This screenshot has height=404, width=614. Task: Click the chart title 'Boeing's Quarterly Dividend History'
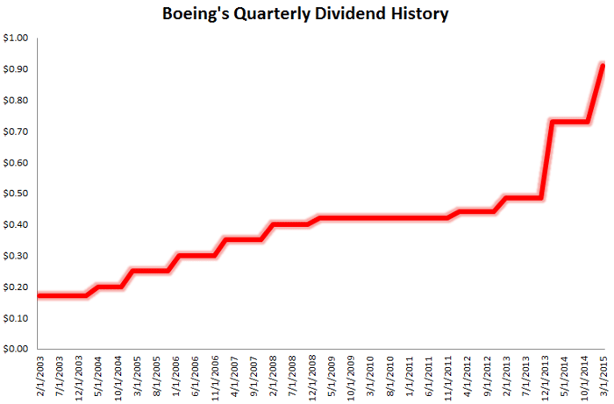(x=307, y=14)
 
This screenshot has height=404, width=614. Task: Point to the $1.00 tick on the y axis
(x=16, y=39)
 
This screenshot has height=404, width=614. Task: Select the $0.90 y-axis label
(x=16, y=69)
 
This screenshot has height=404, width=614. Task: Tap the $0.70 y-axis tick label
(x=16, y=131)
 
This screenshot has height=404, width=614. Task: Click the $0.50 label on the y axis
(x=16, y=194)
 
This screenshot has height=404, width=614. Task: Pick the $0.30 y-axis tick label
(x=16, y=256)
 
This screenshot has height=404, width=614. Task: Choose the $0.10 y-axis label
(x=16, y=318)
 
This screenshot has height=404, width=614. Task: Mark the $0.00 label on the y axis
(x=16, y=349)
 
